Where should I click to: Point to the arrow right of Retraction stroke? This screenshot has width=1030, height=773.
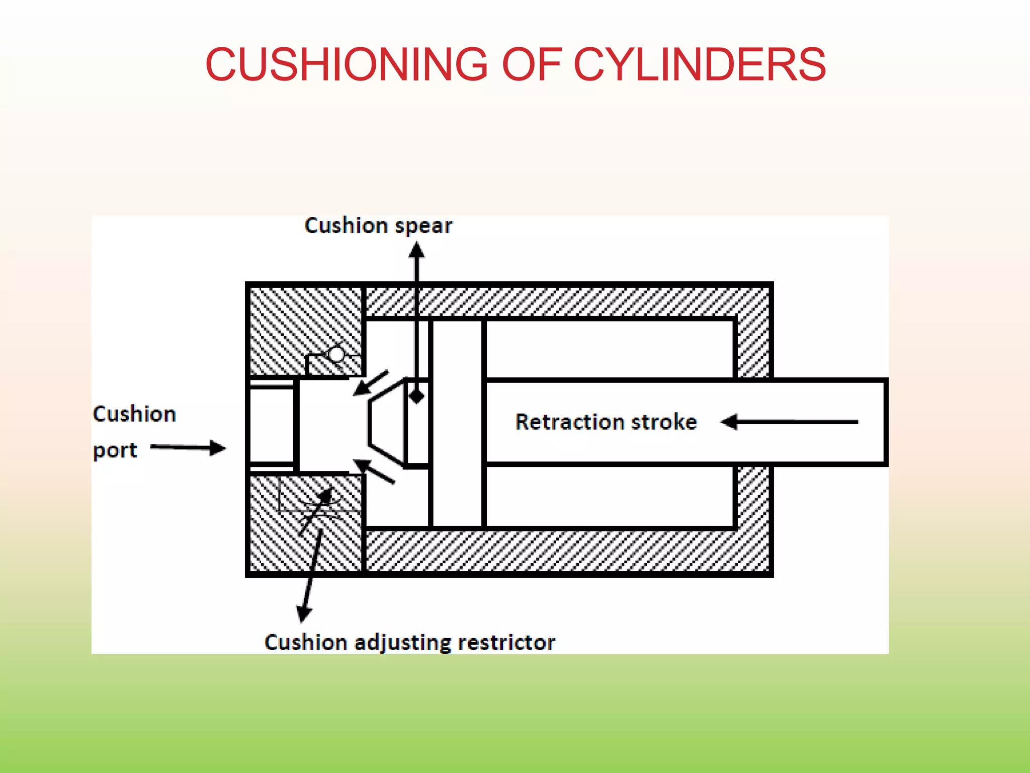789,422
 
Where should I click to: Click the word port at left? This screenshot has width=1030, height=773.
115,450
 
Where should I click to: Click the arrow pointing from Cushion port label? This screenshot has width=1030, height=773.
189,447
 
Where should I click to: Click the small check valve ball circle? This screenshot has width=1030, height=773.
336,354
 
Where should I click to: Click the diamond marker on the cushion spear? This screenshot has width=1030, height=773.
416,396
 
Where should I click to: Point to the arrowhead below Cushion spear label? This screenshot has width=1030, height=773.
416,250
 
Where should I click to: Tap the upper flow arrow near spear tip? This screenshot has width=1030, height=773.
370,383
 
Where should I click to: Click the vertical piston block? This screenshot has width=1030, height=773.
457,423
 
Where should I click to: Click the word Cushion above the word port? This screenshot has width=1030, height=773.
135,414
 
